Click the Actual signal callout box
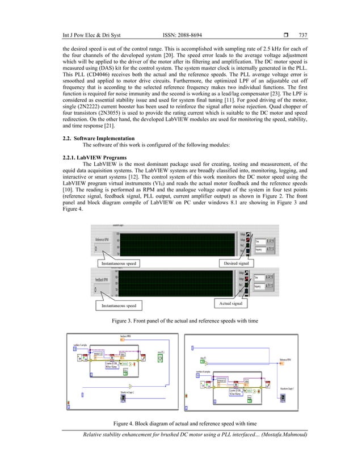click(230, 304)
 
